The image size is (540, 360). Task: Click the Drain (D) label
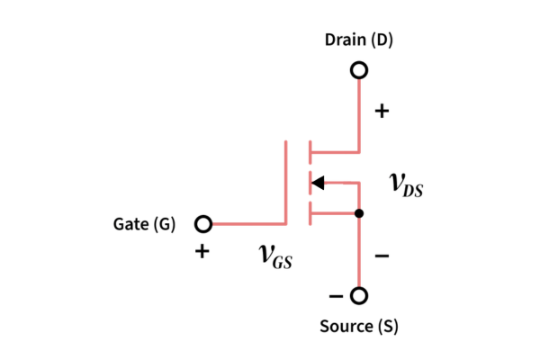click(x=359, y=41)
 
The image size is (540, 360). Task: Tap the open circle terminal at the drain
click(x=359, y=69)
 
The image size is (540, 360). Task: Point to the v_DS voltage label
click(x=406, y=184)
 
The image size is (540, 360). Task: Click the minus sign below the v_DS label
click(x=382, y=256)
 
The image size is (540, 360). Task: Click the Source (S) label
click(x=359, y=326)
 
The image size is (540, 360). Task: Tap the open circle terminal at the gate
click(x=203, y=223)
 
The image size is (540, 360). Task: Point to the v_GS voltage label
click(x=274, y=256)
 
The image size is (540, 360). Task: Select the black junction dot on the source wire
click(x=359, y=213)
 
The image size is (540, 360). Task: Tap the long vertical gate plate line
click(x=287, y=180)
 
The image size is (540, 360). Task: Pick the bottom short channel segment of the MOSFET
click(x=309, y=213)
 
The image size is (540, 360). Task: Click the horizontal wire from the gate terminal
click(x=247, y=223)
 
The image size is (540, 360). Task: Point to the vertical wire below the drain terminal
click(x=359, y=112)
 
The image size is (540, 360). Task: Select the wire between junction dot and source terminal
click(x=359, y=252)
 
